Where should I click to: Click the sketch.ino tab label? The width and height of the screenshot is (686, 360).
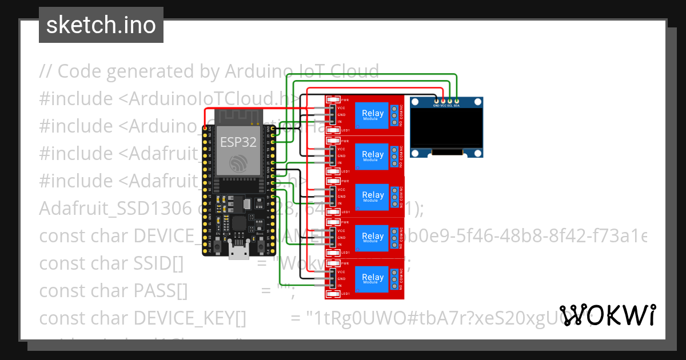click(x=101, y=25)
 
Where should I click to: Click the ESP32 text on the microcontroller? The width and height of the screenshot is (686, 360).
click(x=238, y=141)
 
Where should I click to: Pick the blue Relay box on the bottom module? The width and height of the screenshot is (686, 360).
click(x=373, y=279)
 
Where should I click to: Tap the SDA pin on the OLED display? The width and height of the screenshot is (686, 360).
click(x=457, y=101)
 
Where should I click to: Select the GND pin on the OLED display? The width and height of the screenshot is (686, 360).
click(x=436, y=101)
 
